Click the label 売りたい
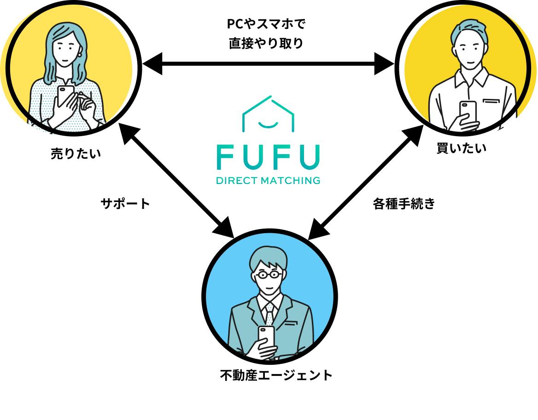[x=76, y=154]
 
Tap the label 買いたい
[x=461, y=149]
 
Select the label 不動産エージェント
[x=276, y=375]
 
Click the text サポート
[x=125, y=204]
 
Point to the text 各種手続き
[x=404, y=204]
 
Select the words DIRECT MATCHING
[x=268, y=180]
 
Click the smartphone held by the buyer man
[x=468, y=112]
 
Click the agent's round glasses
[x=269, y=275]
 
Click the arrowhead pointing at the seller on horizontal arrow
[x=152, y=63]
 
